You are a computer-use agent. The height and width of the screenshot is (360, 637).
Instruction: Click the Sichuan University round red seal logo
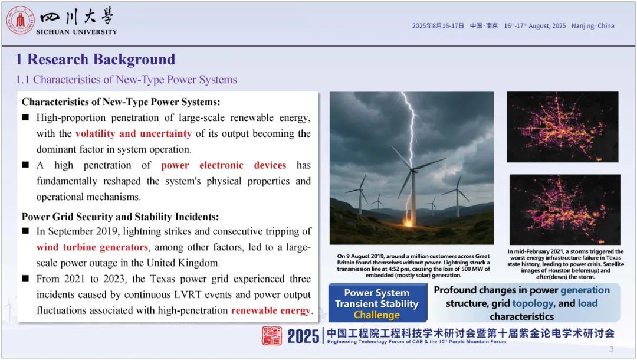pos(20,20)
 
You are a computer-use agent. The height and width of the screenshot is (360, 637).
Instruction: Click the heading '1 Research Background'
pos(96,60)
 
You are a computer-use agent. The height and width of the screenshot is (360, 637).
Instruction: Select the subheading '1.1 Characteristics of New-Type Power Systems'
pos(126,79)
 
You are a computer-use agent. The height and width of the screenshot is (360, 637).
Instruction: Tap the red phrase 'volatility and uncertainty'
pos(133,133)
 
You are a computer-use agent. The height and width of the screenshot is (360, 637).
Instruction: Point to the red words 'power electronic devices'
pos(224,165)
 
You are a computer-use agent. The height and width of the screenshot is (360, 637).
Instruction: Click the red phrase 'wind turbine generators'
pos(92,247)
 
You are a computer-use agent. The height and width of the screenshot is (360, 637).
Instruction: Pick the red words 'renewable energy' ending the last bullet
pos(271,310)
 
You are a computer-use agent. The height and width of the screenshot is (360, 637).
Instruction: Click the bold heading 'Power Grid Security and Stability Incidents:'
pos(120,217)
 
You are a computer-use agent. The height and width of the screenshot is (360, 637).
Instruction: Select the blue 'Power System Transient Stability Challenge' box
pos(377,303)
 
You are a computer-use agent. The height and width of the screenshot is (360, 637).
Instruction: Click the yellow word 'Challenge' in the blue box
pos(376,315)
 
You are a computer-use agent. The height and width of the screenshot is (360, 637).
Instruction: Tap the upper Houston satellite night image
pos(563,127)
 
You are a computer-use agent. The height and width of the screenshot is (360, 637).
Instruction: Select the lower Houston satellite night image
pos(565,210)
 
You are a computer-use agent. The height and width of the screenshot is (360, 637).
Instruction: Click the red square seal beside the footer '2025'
pos(272,336)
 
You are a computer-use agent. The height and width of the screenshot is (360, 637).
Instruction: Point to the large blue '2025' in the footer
pos(303,336)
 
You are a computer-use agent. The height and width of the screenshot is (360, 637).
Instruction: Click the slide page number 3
pos(612,349)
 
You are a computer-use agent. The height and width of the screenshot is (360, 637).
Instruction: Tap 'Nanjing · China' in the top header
pos(593,25)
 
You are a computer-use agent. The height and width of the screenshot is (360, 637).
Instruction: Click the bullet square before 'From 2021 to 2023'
pos(25,279)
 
